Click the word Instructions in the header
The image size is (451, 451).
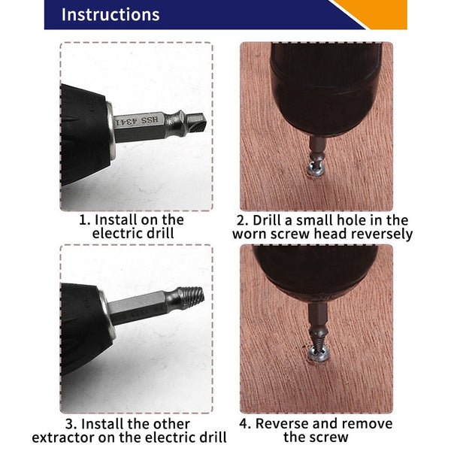pos(110,15)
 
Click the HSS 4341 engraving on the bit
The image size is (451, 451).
pos(141,120)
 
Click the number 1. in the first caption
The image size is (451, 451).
pos(86,220)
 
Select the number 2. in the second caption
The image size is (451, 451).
pos(242,220)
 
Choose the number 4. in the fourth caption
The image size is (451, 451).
pos(244,423)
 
